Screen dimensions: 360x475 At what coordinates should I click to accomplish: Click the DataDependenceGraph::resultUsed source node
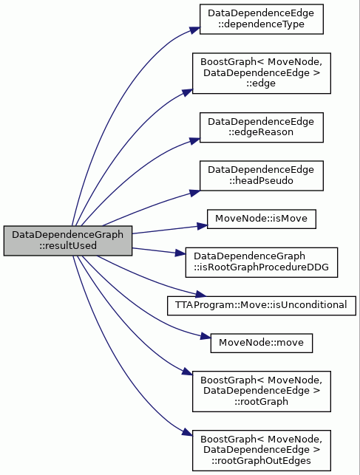click(68, 241)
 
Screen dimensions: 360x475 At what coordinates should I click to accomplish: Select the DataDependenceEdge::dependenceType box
click(261, 19)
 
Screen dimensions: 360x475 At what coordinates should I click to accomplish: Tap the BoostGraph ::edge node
click(261, 73)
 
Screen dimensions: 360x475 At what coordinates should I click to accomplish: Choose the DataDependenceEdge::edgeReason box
click(261, 127)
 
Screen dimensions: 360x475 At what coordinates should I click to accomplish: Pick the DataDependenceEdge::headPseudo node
click(261, 176)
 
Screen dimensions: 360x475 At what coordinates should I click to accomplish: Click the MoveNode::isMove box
click(261, 219)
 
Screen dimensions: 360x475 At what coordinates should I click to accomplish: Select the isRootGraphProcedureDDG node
click(261, 262)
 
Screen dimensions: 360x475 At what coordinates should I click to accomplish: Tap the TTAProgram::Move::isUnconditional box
click(261, 305)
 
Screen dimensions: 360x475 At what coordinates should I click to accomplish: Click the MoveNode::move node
click(261, 343)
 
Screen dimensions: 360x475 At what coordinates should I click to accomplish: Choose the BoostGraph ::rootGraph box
click(261, 392)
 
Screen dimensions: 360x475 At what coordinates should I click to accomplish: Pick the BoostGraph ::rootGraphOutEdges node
click(261, 451)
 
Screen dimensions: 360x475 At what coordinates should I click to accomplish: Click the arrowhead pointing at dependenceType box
click(195, 30)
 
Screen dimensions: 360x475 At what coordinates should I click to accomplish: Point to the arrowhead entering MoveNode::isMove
click(203, 226)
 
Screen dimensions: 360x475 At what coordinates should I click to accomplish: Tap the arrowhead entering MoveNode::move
click(206, 336)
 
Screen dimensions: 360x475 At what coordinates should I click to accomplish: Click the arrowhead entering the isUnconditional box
click(201, 294)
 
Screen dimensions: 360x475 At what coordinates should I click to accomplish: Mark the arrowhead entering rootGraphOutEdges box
click(187, 432)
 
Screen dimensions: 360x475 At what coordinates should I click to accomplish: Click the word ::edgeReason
click(261, 132)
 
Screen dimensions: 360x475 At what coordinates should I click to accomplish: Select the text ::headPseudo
click(261, 181)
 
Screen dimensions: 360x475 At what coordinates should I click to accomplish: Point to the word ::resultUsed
click(68, 246)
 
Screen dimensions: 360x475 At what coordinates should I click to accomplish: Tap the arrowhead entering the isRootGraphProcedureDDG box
click(180, 253)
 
